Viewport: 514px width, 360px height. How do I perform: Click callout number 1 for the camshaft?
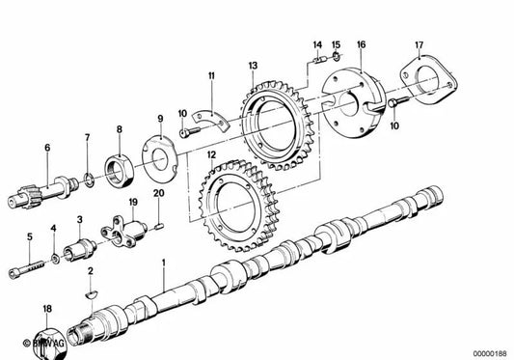164,263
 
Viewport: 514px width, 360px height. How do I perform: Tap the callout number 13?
253,66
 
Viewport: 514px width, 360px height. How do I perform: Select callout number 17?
419,44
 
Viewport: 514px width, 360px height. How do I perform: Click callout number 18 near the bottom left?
45,309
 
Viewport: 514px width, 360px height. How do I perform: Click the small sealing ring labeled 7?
88,177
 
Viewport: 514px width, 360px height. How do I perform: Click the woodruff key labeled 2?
91,287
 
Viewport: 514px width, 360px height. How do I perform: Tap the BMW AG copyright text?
43,343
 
